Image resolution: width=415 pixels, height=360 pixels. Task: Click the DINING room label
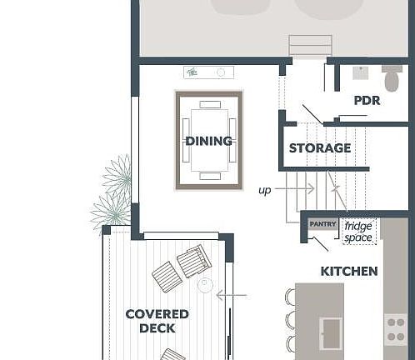(x=208, y=141)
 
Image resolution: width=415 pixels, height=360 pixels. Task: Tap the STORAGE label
(x=319, y=148)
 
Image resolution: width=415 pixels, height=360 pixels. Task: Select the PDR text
(x=367, y=100)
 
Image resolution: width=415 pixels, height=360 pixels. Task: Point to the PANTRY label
(x=322, y=224)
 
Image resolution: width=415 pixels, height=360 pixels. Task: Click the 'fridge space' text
(x=358, y=232)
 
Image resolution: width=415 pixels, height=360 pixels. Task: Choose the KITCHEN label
(x=349, y=271)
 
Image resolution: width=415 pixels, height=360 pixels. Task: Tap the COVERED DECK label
(x=157, y=321)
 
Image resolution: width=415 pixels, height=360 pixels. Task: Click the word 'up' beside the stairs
(x=264, y=190)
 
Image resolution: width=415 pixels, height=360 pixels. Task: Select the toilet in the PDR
(x=392, y=79)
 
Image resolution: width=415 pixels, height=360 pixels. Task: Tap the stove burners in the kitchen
(x=397, y=329)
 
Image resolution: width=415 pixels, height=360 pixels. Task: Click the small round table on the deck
(x=205, y=285)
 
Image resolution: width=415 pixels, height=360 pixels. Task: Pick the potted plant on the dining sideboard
(x=192, y=72)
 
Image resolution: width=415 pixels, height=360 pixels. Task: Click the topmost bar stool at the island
(x=290, y=297)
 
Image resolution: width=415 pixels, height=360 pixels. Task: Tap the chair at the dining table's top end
(x=209, y=105)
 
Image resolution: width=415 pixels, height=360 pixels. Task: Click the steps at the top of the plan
(x=310, y=46)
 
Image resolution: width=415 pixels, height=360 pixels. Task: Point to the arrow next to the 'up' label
(x=293, y=189)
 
